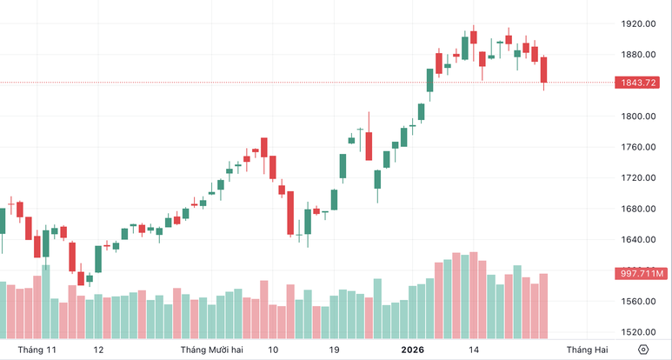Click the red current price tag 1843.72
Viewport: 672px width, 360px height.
point(640,83)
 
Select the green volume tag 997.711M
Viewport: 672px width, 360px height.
point(642,274)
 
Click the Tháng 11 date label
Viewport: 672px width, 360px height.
point(37,350)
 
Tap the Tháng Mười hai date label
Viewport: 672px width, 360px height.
point(211,350)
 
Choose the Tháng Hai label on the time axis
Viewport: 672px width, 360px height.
point(589,350)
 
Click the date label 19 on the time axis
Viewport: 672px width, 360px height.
point(334,350)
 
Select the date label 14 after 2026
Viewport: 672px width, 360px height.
point(474,350)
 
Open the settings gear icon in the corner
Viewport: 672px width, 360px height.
point(643,350)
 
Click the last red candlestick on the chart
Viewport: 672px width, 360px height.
point(544,71)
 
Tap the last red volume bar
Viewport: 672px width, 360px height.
point(544,305)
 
